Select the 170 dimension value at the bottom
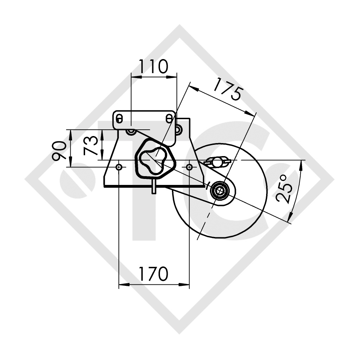(153, 274)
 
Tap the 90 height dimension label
(59, 150)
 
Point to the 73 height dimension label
(90, 145)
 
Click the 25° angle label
(285, 188)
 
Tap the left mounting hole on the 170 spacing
(119, 167)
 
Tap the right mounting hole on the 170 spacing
(189, 167)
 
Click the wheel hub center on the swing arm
(220, 190)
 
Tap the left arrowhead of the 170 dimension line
(123, 284)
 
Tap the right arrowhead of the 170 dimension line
(186, 284)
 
